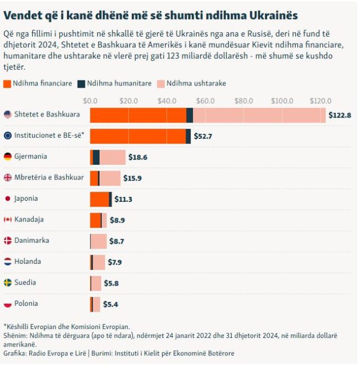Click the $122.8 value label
click(340, 115)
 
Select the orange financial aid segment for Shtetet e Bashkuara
click(138, 115)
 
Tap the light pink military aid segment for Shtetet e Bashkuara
click(259, 115)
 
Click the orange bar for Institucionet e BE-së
click(138, 136)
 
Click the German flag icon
click(8, 156)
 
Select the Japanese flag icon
click(8, 199)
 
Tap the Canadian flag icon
click(8, 219)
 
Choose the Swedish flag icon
click(8, 282)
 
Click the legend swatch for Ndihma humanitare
click(82, 83)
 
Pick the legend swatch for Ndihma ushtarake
click(160, 83)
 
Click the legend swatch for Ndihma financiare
click(7, 83)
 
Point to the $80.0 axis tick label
click(244, 101)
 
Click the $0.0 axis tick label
click(90, 101)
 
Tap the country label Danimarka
click(31, 240)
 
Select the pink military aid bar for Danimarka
click(98, 241)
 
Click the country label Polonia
click(26, 304)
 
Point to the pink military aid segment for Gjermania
click(112, 157)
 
